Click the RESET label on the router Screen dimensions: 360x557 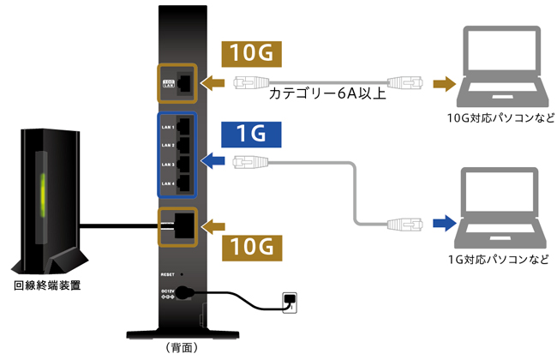(x=168, y=273)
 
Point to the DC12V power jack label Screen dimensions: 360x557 (x=169, y=292)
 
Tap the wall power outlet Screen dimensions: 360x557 (x=292, y=300)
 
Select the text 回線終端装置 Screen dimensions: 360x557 (x=48, y=285)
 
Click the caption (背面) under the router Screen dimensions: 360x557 (x=179, y=348)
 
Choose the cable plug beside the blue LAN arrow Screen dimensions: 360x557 (x=250, y=160)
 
